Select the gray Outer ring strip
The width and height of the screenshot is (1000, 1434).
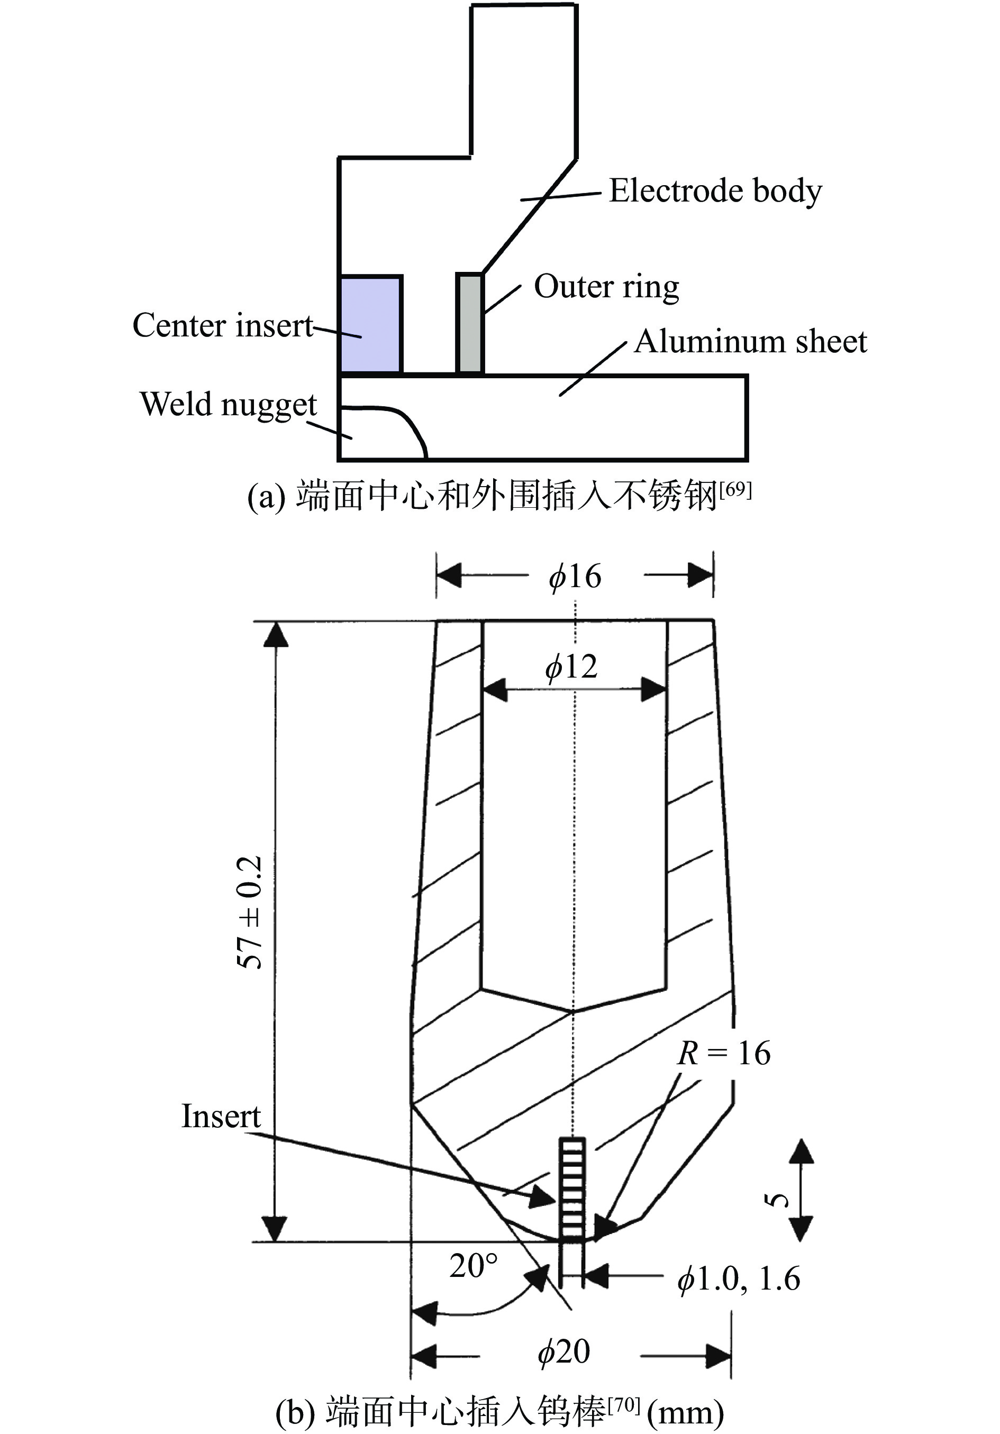click(470, 324)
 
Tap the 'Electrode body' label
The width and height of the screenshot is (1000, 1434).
click(715, 190)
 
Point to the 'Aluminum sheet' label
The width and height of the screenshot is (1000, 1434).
click(750, 342)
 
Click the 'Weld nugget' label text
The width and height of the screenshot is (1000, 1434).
click(229, 404)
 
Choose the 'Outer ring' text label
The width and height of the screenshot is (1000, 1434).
click(606, 287)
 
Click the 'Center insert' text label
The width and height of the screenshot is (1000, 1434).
click(222, 325)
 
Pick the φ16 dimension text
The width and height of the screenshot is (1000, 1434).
click(575, 576)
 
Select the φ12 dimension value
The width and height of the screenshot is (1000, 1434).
click(571, 666)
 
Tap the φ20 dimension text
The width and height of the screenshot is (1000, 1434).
click(563, 1352)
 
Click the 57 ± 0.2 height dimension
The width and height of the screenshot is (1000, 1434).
click(250, 912)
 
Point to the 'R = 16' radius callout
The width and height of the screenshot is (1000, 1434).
click(724, 1054)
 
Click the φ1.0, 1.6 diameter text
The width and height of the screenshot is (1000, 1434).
click(738, 1279)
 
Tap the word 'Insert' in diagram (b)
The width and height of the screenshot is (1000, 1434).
click(221, 1116)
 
